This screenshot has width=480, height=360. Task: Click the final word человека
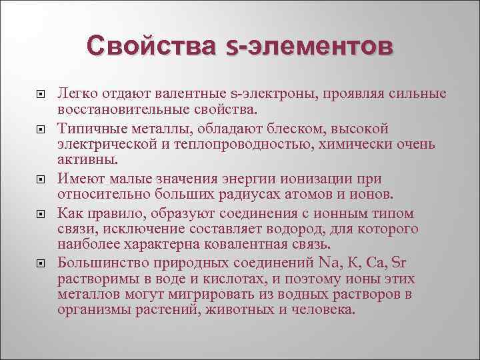325,311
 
